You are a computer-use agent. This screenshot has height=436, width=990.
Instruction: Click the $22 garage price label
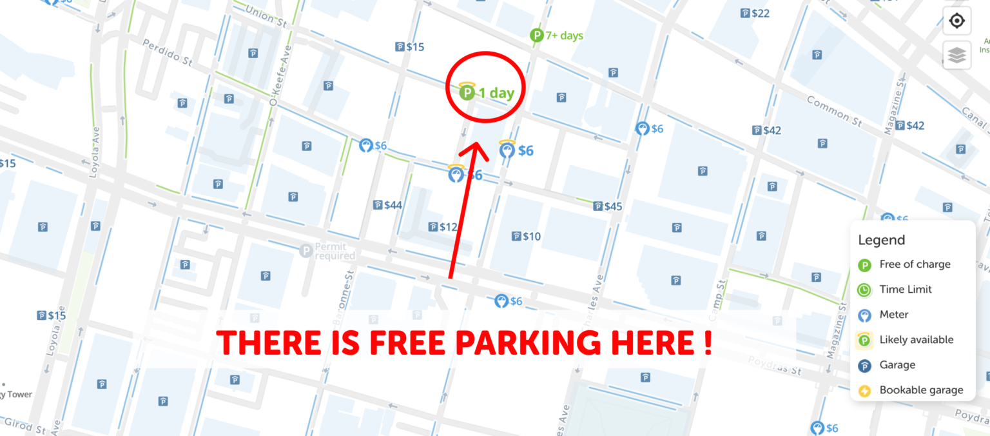pyautogui.click(x=755, y=13)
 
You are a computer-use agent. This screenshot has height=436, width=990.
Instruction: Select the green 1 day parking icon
pyautogui.click(x=467, y=93)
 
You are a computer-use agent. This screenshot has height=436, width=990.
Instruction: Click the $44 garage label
pyautogui.click(x=387, y=205)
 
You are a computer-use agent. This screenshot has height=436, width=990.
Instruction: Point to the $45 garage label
pyautogui.click(x=607, y=206)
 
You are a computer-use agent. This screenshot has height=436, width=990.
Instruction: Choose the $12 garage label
pyautogui.click(x=443, y=227)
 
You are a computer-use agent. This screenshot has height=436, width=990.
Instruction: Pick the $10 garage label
pyautogui.click(x=525, y=237)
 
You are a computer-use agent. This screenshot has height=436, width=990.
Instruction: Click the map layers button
pyautogui.click(x=957, y=56)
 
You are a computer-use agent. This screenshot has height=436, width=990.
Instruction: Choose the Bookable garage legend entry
pyautogui.click(x=920, y=390)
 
